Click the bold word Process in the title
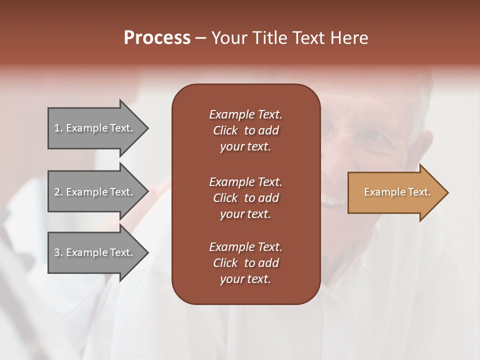[x=157, y=38]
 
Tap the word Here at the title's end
[x=349, y=38]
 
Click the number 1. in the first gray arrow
[x=58, y=128]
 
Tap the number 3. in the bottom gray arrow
[x=58, y=252]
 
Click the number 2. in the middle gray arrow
[x=58, y=192]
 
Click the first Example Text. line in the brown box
[x=245, y=114]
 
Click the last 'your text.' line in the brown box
[x=245, y=279]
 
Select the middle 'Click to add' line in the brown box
[x=245, y=198]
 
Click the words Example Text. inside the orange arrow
[x=397, y=192]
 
